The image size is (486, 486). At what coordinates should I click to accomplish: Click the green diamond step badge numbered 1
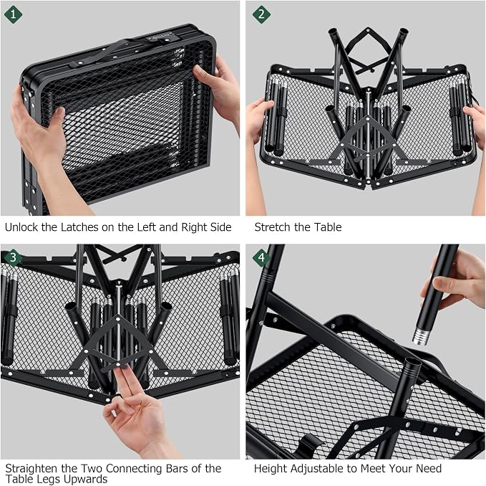[13, 14]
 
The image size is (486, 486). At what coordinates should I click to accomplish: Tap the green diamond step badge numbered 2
[261, 14]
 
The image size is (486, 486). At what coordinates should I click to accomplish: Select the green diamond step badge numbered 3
[13, 257]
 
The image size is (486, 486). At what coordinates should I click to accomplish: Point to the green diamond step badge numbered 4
[261, 257]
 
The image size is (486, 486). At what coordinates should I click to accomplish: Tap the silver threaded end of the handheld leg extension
[421, 337]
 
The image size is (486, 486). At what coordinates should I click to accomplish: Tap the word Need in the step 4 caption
[429, 468]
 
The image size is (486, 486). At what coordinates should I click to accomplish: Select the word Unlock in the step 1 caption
[21, 227]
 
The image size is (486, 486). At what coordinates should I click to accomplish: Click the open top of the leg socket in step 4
[414, 361]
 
